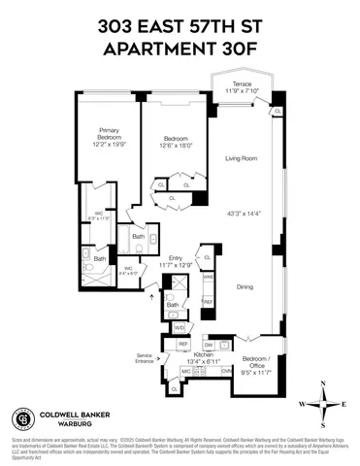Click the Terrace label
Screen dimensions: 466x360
click(241, 84)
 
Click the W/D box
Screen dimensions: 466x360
click(180, 327)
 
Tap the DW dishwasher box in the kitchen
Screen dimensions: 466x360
click(209, 345)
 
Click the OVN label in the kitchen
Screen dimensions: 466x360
click(226, 370)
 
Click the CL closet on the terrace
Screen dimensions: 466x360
click(278, 111)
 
